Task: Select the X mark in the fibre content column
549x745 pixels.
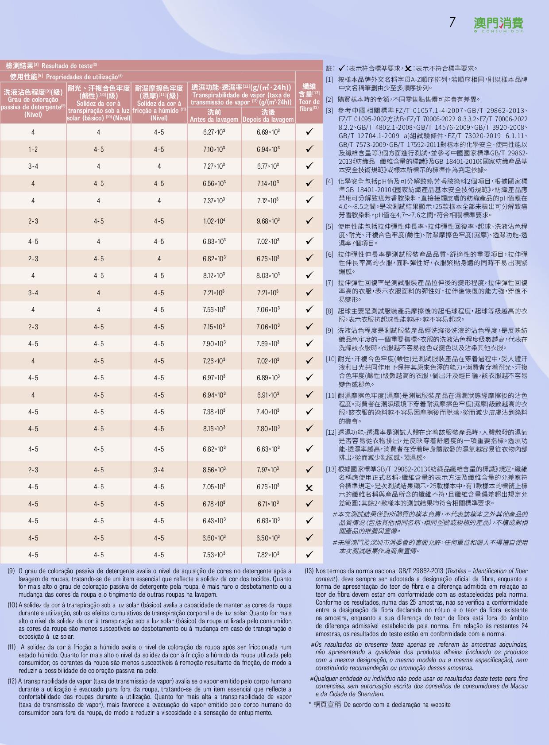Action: (x=309, y=488)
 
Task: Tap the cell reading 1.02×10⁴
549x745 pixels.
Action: (x=214, y=221)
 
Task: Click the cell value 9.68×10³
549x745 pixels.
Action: (x=268, y=221)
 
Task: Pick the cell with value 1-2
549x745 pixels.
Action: (x=33, y=150)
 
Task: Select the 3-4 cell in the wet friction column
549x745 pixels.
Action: (x=159, y=470)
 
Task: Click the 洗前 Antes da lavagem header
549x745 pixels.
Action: (x=214, y=116)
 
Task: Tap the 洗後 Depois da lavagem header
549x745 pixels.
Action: (x=268, y=116)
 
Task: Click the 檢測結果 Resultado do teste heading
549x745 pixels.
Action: (x=51, y=66)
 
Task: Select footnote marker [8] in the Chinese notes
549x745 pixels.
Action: (x=329, y=311)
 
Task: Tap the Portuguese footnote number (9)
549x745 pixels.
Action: (x=12, y=571)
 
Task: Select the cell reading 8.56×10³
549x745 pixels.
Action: (x=214, y=470)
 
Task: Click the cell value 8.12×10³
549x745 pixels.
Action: (x=214, y=276)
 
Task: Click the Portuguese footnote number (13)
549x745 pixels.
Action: (x=309, y=571)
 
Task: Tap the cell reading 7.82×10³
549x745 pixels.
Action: (x=268, y=555)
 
